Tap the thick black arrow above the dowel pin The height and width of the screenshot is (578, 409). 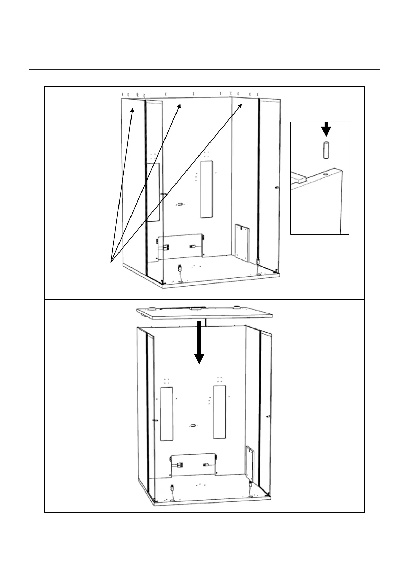click(x=326, y=129)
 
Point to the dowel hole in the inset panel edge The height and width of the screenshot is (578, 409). click(x=325, y=174)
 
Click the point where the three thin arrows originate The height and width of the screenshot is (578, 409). click(x=111, y=262)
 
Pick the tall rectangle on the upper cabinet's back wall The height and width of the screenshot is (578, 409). click(x=206, y=189)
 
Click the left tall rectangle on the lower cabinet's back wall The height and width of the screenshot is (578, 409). click(x=167, y=414)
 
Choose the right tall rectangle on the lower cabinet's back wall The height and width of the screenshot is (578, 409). click(x=220, y=412)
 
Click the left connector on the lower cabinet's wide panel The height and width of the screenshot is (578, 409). click(x=180, y=465)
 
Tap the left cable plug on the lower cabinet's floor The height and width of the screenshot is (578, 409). click(x=173, y=487)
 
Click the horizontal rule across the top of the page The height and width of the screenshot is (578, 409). click(x=204, y=69)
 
